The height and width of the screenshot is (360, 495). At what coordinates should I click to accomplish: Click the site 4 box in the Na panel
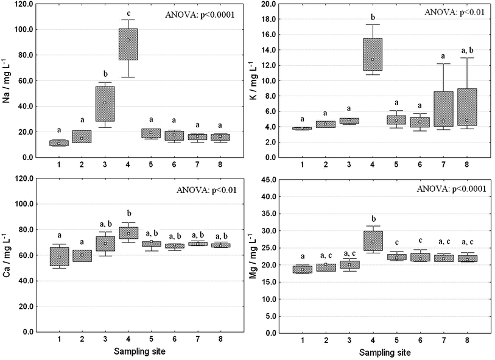(x=128, y=44)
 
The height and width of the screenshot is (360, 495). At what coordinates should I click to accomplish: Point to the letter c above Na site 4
(x=128, y=13)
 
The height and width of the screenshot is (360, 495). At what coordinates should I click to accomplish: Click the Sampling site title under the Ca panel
(x=139, y=352)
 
